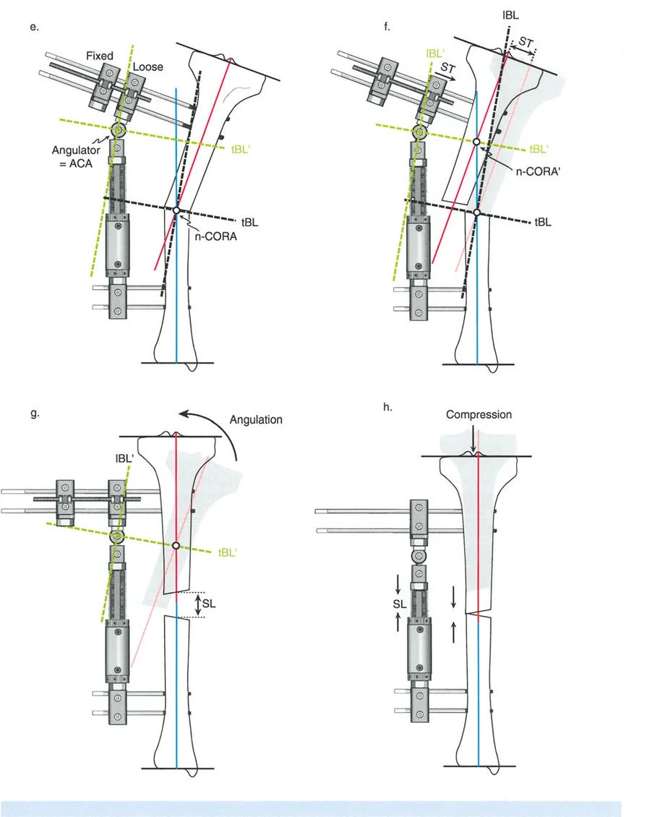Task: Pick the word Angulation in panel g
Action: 255,419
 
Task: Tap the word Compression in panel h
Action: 479,415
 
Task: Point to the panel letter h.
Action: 388,408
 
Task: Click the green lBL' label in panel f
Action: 435,52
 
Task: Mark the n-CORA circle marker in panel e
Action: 176,210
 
